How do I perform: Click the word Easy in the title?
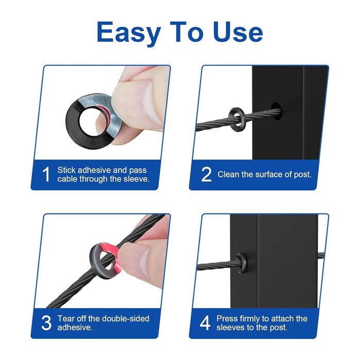click(129, 32)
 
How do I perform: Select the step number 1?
click(46, 174)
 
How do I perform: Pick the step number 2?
click(206, 174)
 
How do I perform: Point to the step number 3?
click(46, 323)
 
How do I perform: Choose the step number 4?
click(205, 323)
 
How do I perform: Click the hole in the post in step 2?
click(277, 111)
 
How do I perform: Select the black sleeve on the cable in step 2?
click(237, 118)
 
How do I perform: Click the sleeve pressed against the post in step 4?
click(241, 263)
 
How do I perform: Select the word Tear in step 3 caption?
click(66, 319)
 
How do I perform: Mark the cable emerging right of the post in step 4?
click(321, 256)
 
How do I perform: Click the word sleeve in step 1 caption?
click(136, 179)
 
